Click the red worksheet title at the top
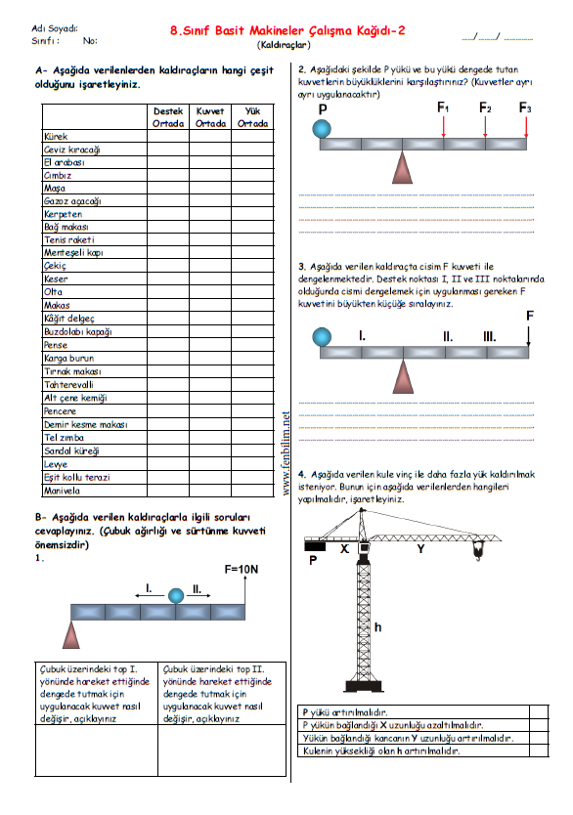click(x=287, y=30)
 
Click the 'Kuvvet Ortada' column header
click(x=210, y=117)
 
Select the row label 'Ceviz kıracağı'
click(x=71, y=150)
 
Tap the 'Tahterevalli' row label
click(x=68, y=385)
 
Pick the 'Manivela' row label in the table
click(x=62, y=491)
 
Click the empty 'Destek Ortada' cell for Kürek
click(x=168, y=136)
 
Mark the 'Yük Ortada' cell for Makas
click(x=252, y=305)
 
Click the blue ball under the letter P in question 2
click(x=322, y=128)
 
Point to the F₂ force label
click(x=485, y=107)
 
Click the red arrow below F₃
click(x=526, y=127)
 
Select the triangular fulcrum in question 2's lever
click(x=402, y=167)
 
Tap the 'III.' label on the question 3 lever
click(x=489, y=337)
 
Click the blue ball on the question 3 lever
click(x=322, y=337)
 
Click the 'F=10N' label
click(x=241, y=569)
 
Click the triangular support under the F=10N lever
click(x=71, y=634)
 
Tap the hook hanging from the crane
click(x=478, y=549)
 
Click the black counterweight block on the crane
click(x=315, y=546)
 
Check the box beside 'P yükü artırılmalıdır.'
click(x=539, y=711)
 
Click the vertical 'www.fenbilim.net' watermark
click(x=286, y=453)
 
